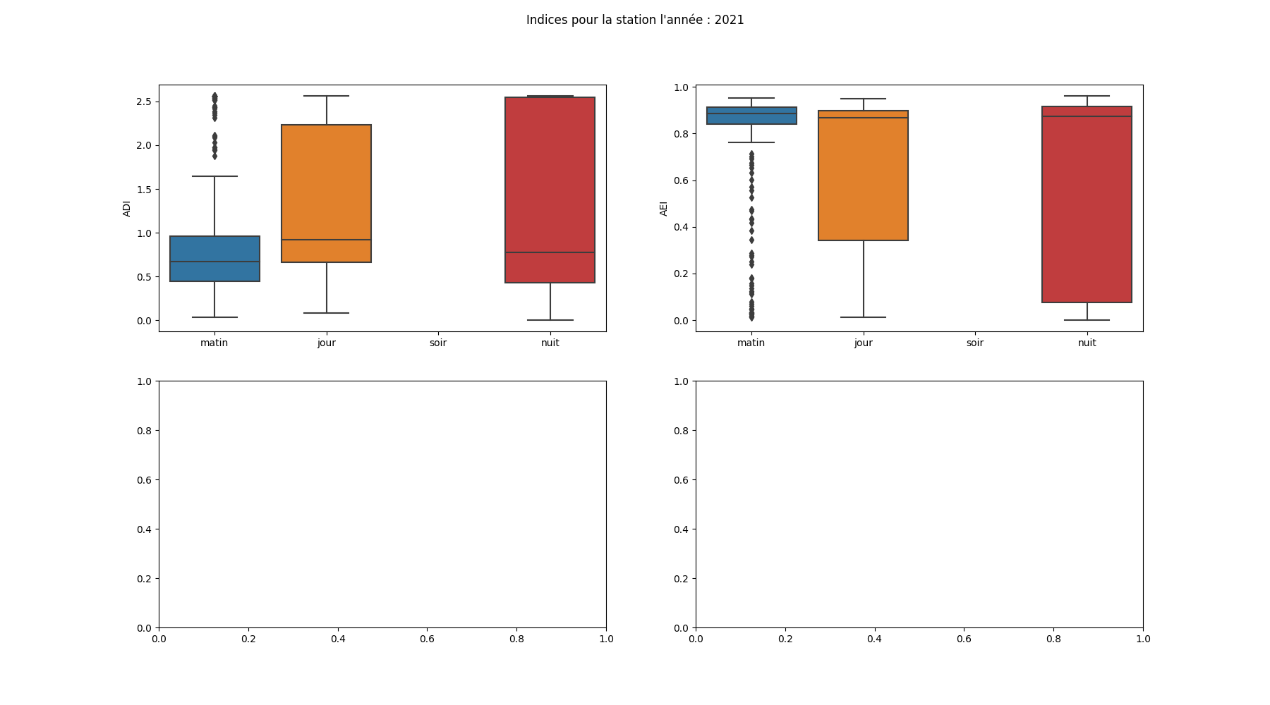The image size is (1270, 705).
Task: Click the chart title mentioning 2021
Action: click(x=634, y=20)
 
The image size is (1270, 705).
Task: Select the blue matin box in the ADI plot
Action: click(x=214, y=259)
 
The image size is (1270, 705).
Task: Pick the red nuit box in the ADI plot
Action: click(x=550, y=190)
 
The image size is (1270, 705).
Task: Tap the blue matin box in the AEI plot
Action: click(x=751, y=116)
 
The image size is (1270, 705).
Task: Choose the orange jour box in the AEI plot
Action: click(x=863, y=176)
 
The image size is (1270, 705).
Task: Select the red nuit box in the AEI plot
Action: click(x=1087, y=204)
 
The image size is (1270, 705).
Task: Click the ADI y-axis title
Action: click(x=127, y=209)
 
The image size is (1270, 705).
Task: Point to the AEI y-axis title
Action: click(x=663, y=209)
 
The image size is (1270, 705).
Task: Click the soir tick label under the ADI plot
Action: click(x=437, y=343)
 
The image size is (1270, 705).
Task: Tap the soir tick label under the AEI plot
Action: click(x=974, y=343)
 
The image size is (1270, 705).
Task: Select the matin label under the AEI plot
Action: click(x=751, y=343)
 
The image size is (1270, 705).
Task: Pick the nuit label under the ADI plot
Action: click(x=550, y=343)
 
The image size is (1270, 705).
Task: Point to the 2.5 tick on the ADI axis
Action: click(x=144, y=102)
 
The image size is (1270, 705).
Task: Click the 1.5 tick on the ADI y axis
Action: click(x=144, y=190)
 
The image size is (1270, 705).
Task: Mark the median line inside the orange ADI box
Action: click(x=326, y=240)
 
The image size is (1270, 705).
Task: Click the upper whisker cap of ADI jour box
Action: click(x=326, y=96)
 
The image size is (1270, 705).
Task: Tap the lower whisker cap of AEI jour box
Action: click(x=863, y=317)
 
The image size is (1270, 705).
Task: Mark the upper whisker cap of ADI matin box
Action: click(x=214, y=176)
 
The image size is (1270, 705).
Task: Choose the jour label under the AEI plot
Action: click(x=863, y=343)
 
